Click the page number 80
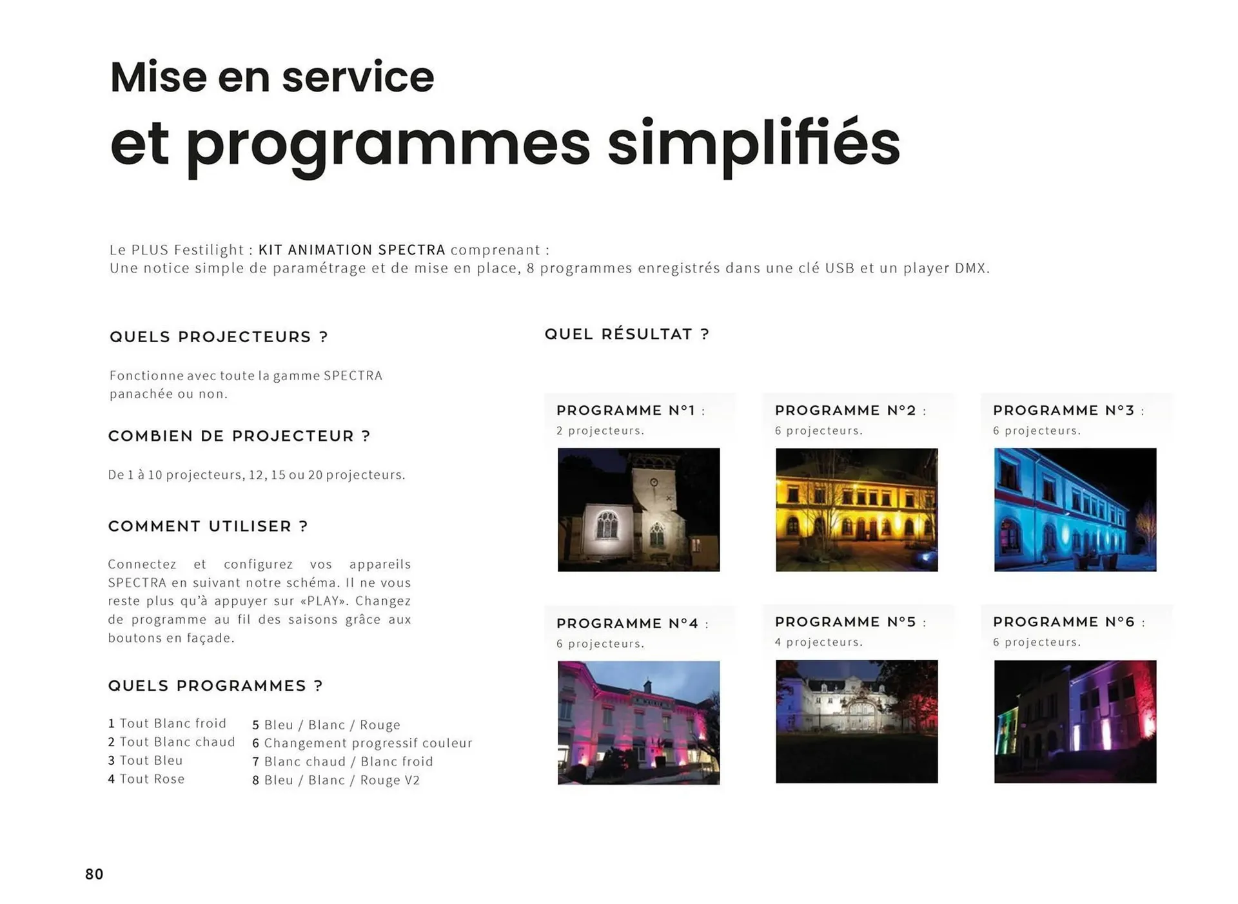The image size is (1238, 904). tap(94, 874)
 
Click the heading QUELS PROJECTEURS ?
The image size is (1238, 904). tap(219, 337)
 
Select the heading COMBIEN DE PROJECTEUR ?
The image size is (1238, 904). tap(239, 436)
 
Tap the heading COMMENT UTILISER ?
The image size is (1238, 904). tap(208, 526)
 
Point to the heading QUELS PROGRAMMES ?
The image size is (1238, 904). tap(215, 686)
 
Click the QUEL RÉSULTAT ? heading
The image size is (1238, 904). tap(627, 334)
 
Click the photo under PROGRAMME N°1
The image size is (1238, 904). tap(638, 510)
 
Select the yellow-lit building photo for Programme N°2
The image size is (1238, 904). tap(856, 510)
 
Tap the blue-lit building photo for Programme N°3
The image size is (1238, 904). tap(1075, 510)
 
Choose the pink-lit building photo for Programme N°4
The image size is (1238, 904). tap(638, 722)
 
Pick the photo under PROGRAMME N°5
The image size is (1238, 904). tap(856, 721)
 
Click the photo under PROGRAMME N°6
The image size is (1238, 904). tap(1075, 721)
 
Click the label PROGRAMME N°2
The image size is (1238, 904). tap(845, 410)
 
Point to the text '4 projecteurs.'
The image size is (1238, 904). tap(818, 642)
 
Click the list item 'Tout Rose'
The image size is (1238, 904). tap(152, 779)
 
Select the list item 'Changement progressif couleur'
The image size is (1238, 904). tap(368, 743)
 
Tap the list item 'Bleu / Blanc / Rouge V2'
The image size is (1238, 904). tap(342, 780)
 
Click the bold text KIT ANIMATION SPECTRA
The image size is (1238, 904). tap(351, 250)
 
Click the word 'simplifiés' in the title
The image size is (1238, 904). tap(753, 143)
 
